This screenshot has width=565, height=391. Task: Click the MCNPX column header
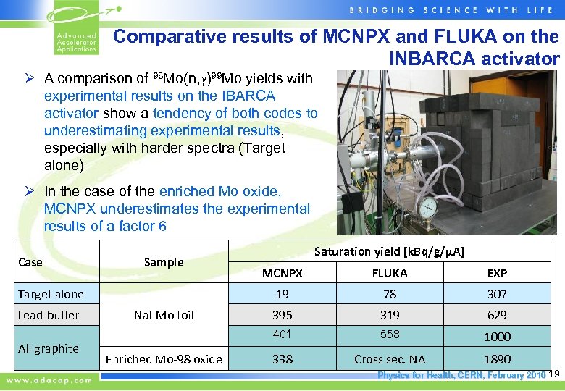[282, 273]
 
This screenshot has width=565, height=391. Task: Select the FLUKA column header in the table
[390, 273]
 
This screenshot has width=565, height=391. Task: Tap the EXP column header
[497, 273]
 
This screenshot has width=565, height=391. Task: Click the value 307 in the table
[497, 294]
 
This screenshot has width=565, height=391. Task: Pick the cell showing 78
[390, 294]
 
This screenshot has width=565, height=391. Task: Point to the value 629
[497, 315]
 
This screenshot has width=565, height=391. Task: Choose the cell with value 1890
[497, 359]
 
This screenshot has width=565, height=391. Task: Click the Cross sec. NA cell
[390, 359]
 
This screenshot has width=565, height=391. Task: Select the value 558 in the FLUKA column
[390, 335]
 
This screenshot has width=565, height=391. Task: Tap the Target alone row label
[51, 294]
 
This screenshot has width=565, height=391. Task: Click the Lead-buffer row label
[49, 315]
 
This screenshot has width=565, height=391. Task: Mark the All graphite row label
[49, 348]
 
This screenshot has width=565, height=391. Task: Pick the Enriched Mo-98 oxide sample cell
[164, 359]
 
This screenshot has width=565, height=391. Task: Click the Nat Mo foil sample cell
[164, 315]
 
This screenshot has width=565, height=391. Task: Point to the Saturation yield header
[390, 251]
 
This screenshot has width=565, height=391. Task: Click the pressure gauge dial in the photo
[428, 208]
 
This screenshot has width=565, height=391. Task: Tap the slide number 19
[556, 374]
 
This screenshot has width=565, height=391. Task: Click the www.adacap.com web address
[50, 379]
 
